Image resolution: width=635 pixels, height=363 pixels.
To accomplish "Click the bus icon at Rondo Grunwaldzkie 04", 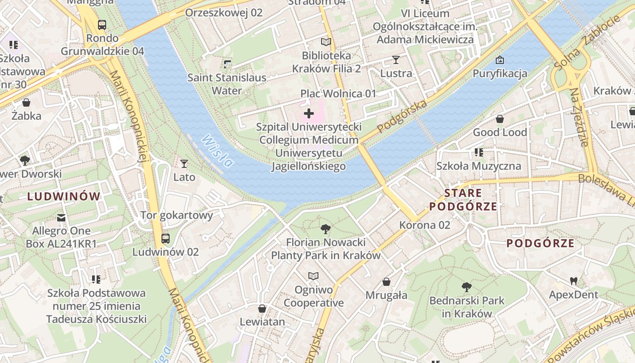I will [x=102, y=25].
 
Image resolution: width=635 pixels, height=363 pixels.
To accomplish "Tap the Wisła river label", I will [x=217, y=151].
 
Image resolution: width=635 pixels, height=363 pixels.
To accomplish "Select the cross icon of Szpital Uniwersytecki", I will [x=309, y=113].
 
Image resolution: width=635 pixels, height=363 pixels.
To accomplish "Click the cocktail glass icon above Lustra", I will [x=396, y=59].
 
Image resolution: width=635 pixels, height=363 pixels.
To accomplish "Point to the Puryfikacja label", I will [x=500, y=73].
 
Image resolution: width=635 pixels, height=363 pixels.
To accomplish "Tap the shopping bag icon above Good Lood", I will [x=500, y=119].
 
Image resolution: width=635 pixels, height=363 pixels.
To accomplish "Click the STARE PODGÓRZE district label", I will [x=463, y=200].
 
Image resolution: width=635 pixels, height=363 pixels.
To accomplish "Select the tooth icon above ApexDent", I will [x=573, y=281].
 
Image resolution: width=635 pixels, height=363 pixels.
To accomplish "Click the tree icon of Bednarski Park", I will [x=466, y=287].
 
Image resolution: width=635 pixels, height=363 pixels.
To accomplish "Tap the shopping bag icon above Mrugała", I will [x=386, y=282].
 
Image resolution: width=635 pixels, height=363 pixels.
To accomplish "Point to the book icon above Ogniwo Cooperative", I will [x=313, y=276].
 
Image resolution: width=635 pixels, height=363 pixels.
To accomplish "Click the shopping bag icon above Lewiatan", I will [x=262, y=309].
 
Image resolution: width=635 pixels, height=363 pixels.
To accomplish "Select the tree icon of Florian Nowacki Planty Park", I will [x=325, y=229].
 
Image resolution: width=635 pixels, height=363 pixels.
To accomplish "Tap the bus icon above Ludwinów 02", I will [x=166, y=238].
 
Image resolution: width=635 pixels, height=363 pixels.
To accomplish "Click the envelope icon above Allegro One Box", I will [x=61, y=217].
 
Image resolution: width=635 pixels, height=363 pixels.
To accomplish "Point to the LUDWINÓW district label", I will [x=63, y=196].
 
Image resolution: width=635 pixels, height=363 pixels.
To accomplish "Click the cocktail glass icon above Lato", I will [x=184, y=163].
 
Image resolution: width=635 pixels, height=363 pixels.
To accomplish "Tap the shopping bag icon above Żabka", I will [x=26, y=103].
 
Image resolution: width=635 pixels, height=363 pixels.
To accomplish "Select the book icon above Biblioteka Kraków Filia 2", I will [x=326, y=42].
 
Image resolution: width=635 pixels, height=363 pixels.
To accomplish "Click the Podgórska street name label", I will [x=402, y=116].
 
